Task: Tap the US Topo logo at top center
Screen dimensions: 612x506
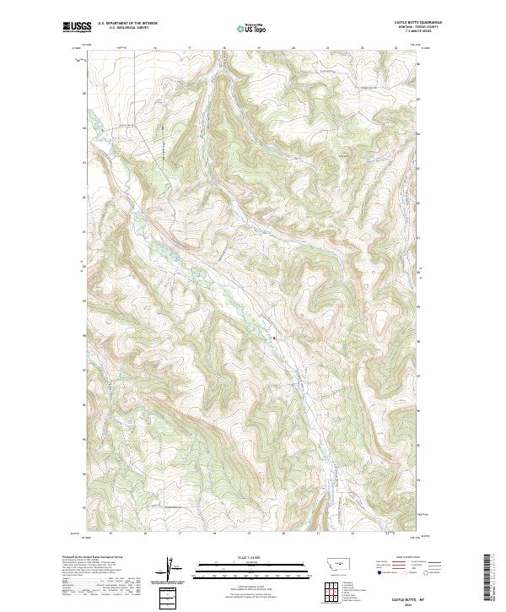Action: [x=253, y=29]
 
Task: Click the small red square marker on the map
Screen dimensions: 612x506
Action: [x=274, y=339]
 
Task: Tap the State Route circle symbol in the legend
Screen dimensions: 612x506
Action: [x=427, y=571]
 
